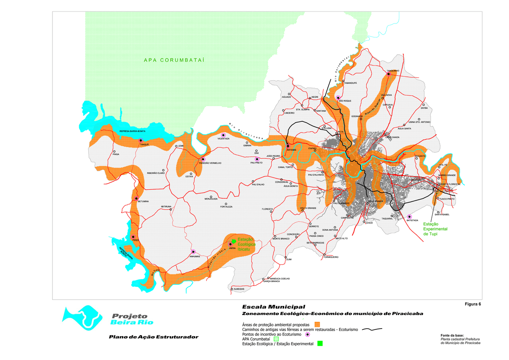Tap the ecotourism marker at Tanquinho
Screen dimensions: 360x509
(x=389, y=74)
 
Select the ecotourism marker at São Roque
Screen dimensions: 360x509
(x=338, y=97)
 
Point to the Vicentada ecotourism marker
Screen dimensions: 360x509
(x=223, y=135)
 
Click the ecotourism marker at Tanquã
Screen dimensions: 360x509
(x=140, y=140)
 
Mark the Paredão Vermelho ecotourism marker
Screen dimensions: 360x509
(x=203, y=160)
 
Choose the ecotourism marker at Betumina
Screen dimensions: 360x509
(x=136, y=198)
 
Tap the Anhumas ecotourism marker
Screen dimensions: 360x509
(x=193, y=252)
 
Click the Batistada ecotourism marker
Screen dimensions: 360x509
(x=409, y=216)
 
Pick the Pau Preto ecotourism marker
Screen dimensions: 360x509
(x=257, y=159)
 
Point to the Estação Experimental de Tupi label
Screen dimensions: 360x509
(x=435, y=229)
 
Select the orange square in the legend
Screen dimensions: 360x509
(x=317, y=324)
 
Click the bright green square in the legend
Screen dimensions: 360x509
(x=320, y=343)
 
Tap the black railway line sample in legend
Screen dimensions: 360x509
(x=372, y=329)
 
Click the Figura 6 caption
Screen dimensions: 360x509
(x=473, y=304)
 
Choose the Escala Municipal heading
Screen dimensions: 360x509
(x=274, y=307)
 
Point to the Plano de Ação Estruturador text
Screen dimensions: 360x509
(x=153, y=337)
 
